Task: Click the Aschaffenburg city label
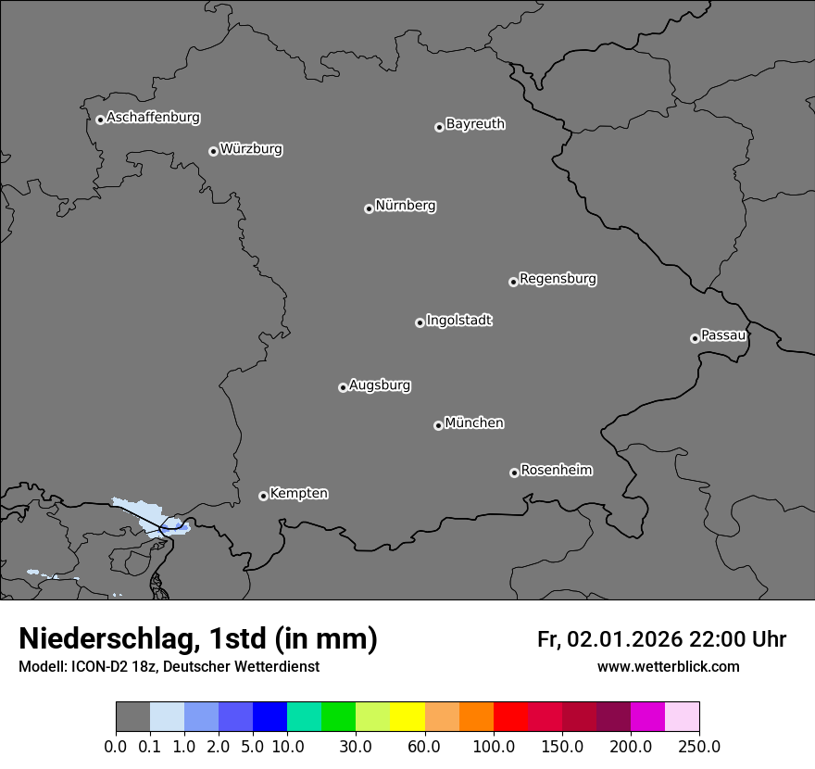coord(153,118)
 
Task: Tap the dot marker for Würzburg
coord(213,151)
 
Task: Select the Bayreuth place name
coord(475,124)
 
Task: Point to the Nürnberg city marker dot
coord(369,208)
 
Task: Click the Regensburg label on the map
coord(558,279)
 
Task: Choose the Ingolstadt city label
coord(458,321)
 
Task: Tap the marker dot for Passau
coord(695,338)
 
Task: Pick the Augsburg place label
coord(380,385)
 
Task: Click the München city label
coord(474,423)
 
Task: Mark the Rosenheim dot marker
coord(514,473)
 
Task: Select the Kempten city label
coord(298,494)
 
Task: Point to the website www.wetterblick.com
coord(668,667)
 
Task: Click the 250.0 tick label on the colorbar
coord(699,747)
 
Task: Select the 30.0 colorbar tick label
coord(355,747)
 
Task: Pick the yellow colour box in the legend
coord(407,717)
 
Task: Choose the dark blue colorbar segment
coord(270,717)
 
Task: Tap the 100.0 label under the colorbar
coord(493,747)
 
